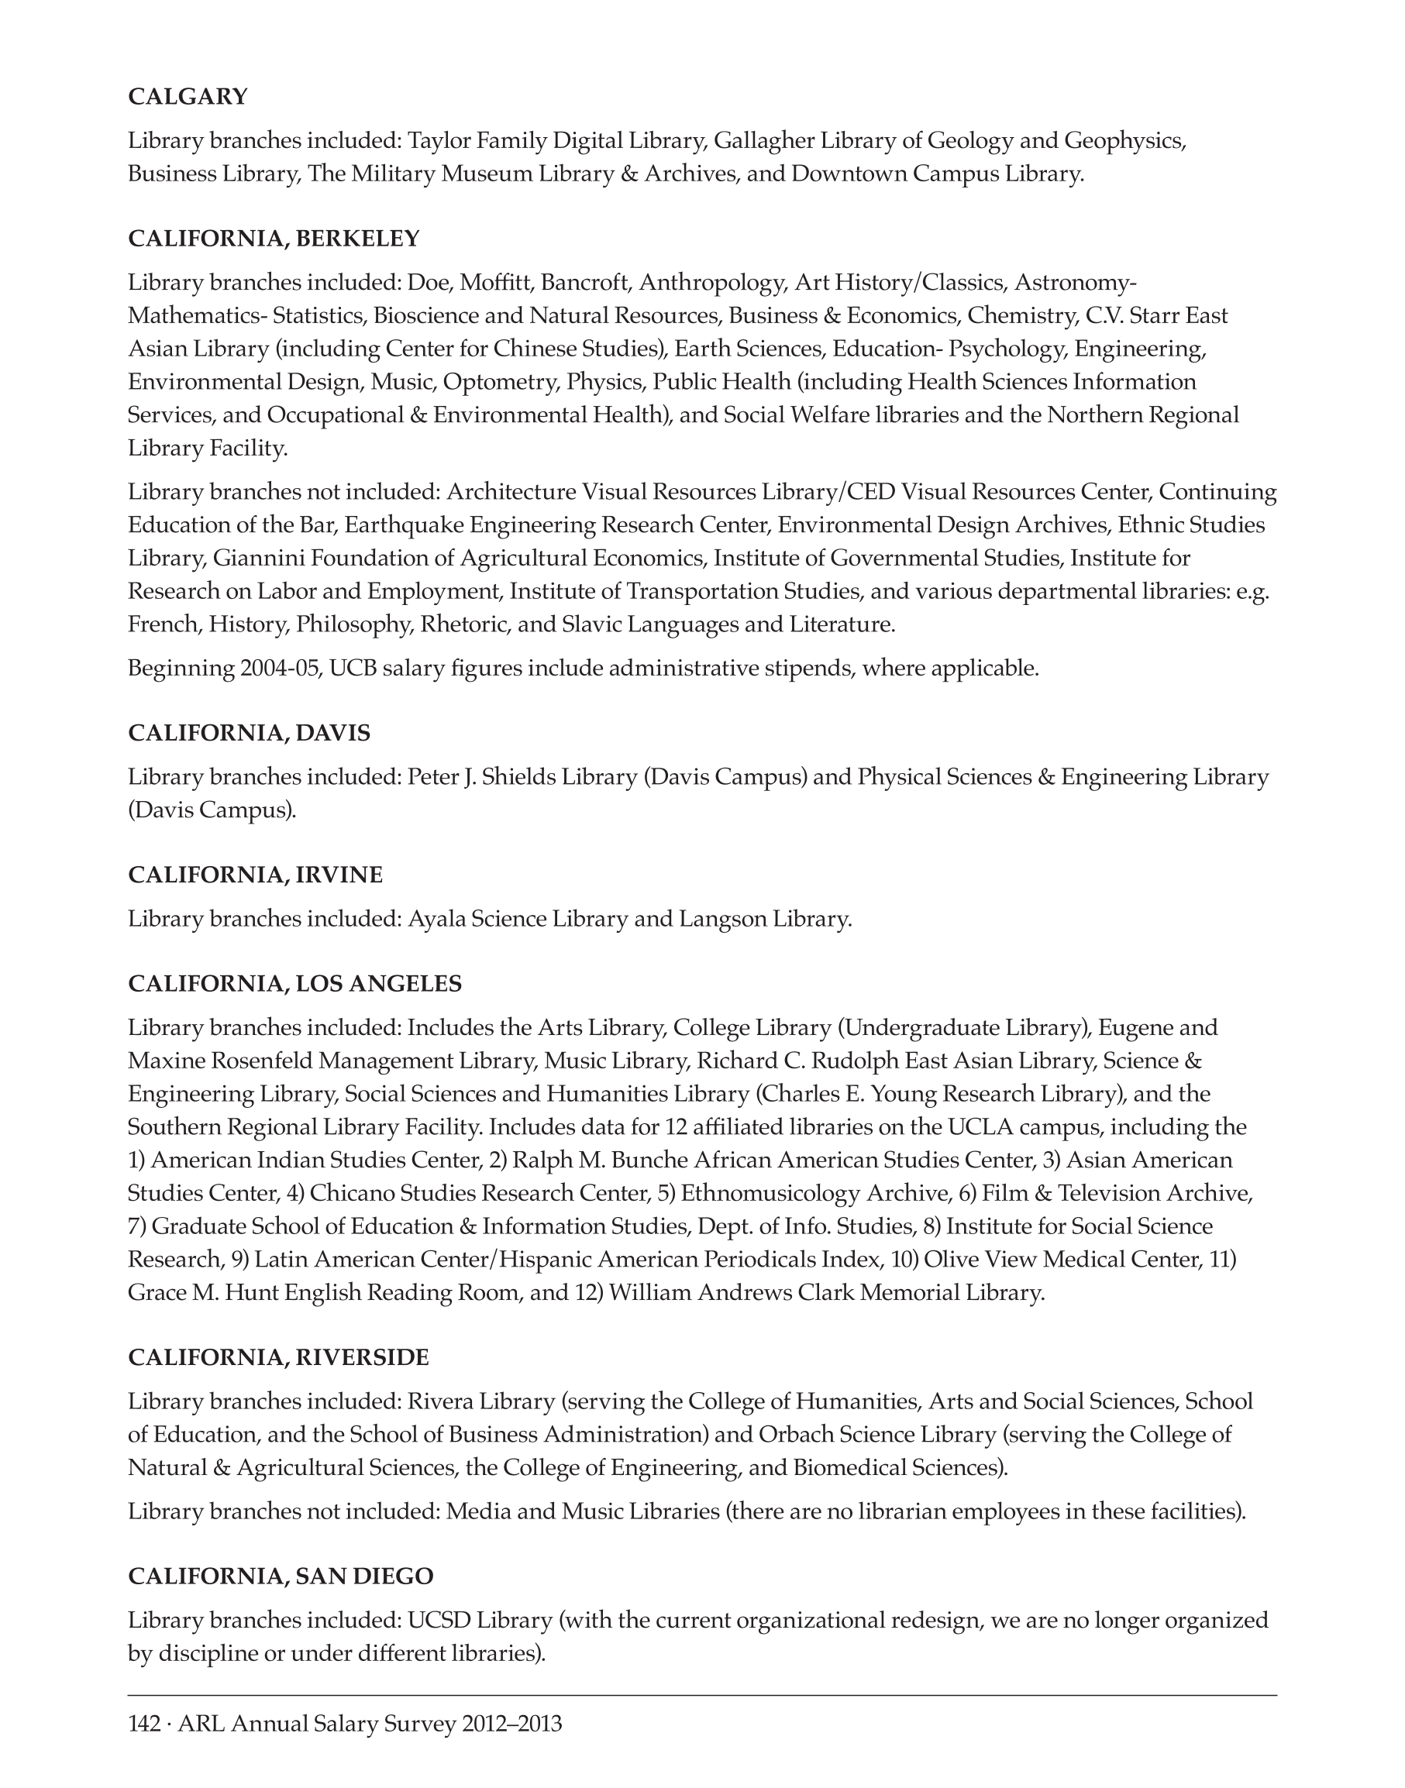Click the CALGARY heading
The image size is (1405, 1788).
(x=188, y=97)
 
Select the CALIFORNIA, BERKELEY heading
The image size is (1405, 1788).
(x=274, y=239)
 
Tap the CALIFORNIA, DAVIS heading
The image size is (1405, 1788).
(x=250, y=733)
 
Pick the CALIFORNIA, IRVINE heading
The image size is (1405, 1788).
(x=255, y=875)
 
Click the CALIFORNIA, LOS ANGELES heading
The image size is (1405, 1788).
(x=294, y=984)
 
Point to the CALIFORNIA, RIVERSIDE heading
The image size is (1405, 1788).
(x=278, y=1357)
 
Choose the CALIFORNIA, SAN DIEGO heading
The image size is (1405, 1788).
(x=281, y=1576)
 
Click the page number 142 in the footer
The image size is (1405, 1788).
(x=144, y=1723)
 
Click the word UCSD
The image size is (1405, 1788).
(x=439, y=1620)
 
